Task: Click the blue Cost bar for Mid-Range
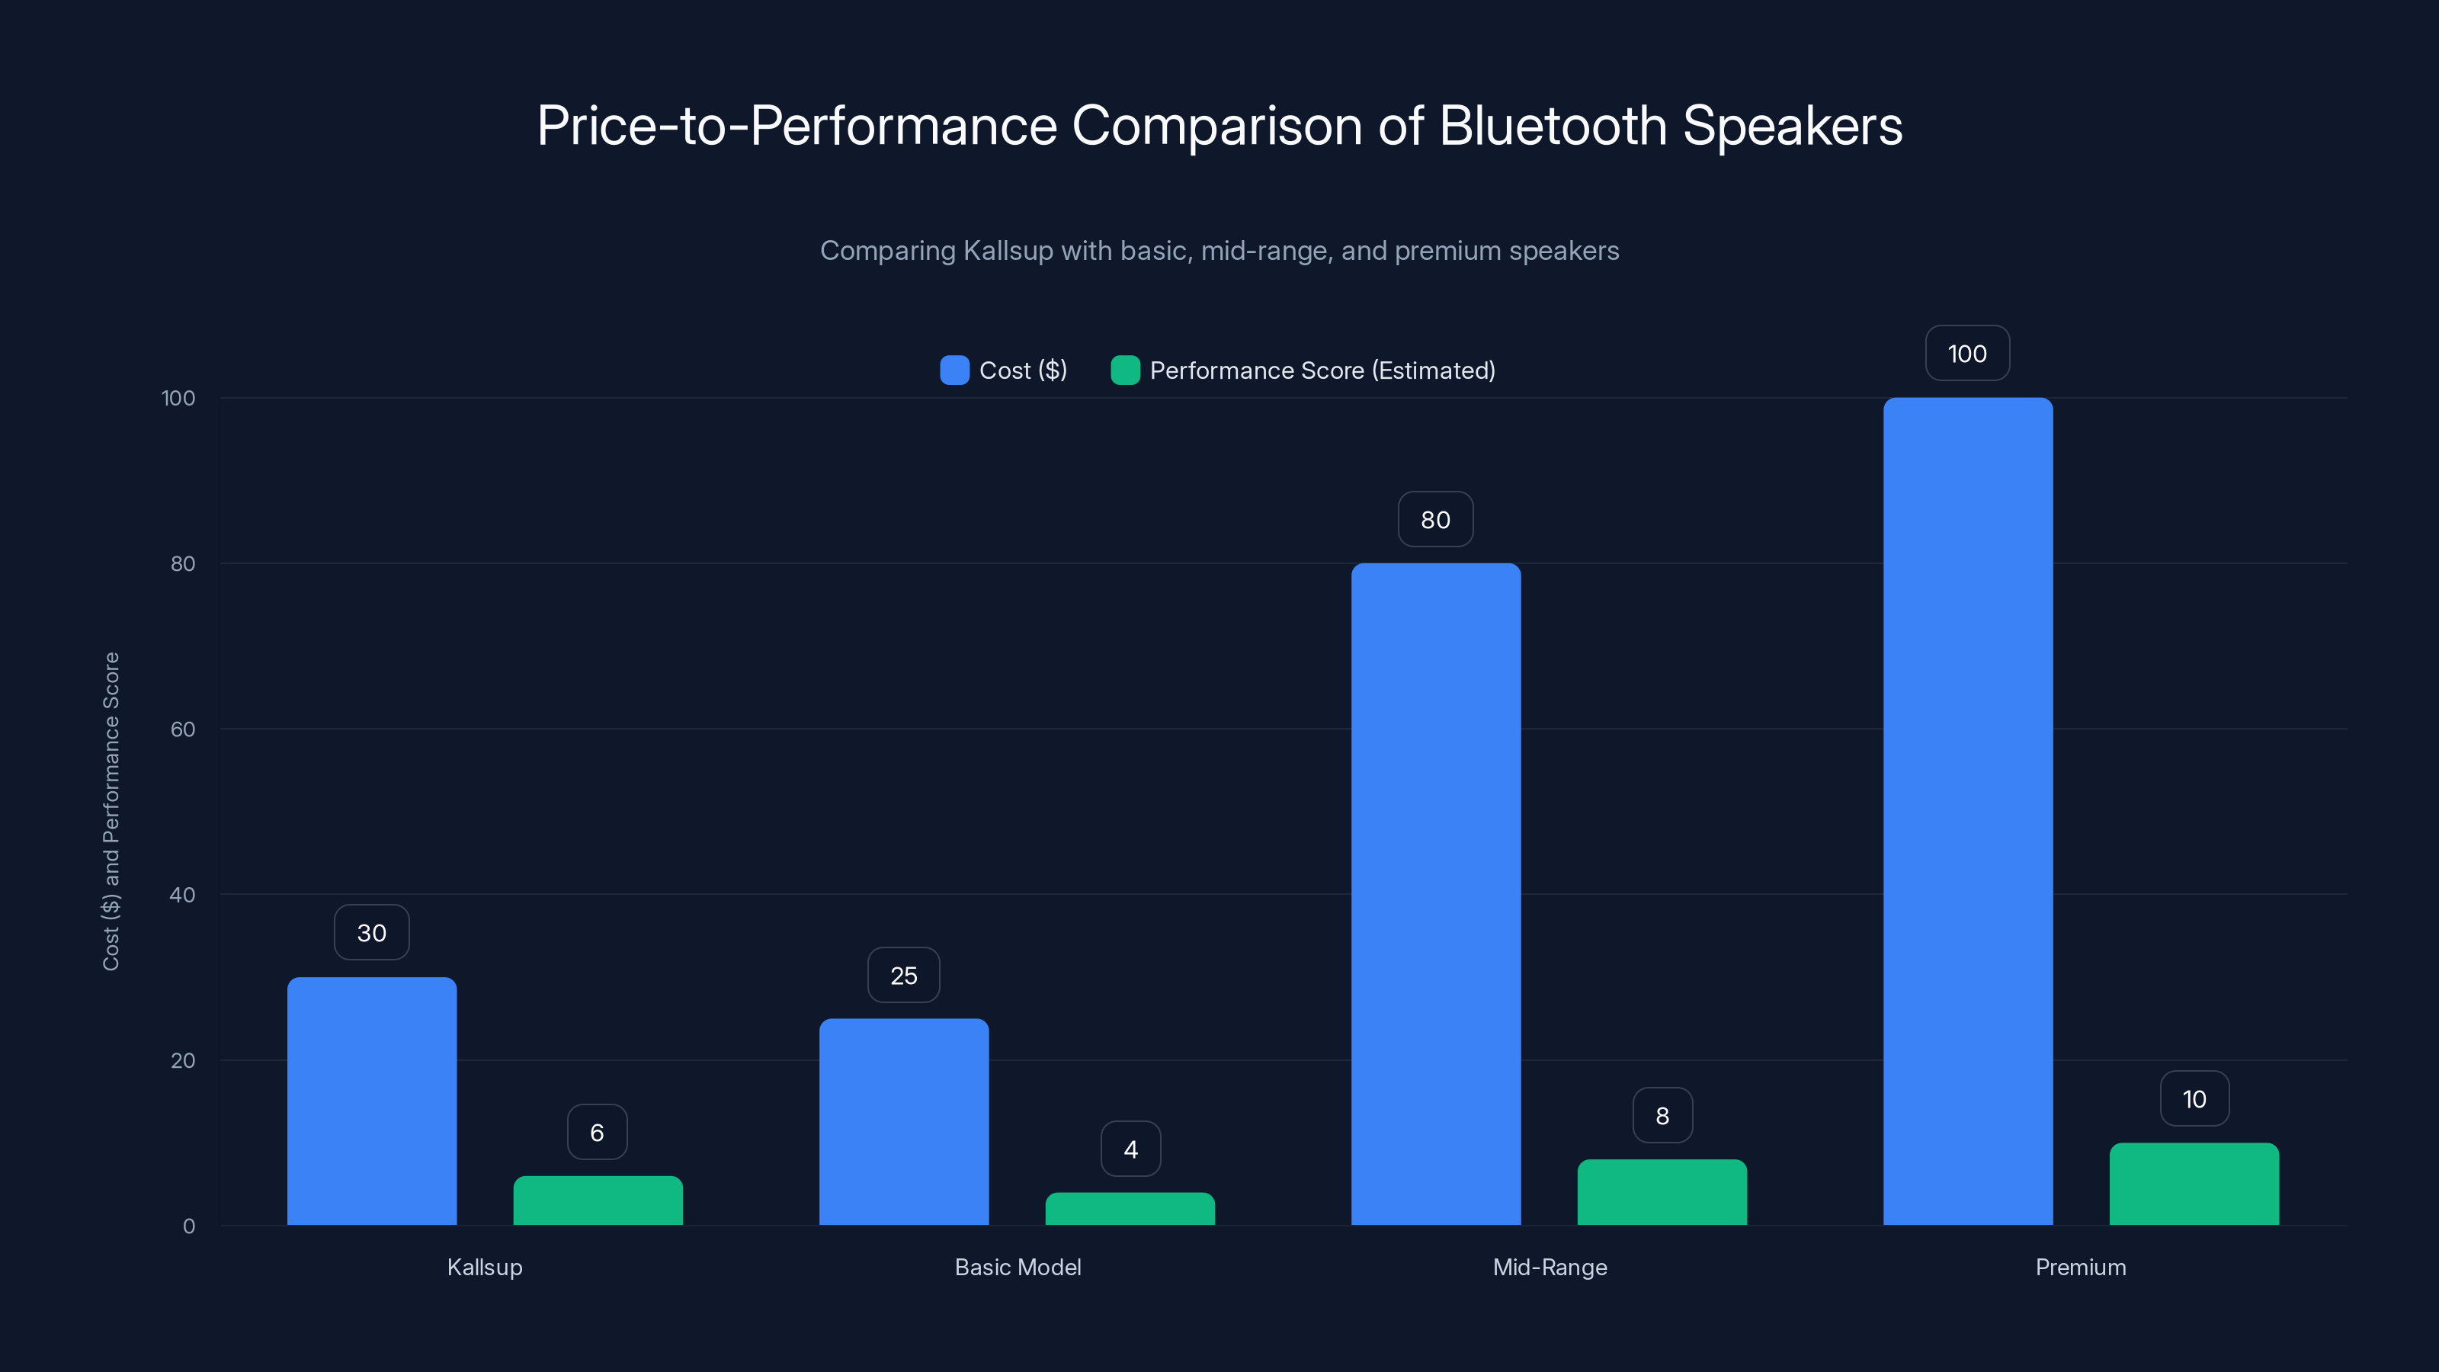pyautogui.click(x=1435, y=894)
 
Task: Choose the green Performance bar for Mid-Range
pyautogui.click(x=1662, y=1192)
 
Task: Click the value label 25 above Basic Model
pyautogui.click(x=903, y=976)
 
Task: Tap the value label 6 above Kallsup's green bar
pyautogui.click(x=598, y=1133)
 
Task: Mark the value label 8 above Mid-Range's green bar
pyautogui.click(x=1662, y=1115)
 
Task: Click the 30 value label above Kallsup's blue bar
pyautogui.click(x=371, y=933)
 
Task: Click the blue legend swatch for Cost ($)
pyautogui.click(x=954, y=370)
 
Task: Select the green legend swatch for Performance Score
pyautogui.click(x=1125, y=370)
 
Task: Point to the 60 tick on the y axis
pyautogui.click(x=183, y=729)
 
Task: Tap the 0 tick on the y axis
pyautogui.click(x=189, y=1226)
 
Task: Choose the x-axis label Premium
pyautogui.click(x=2080, y=1267)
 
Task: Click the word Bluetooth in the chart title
pyautogui.click(x=1553, y=126)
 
